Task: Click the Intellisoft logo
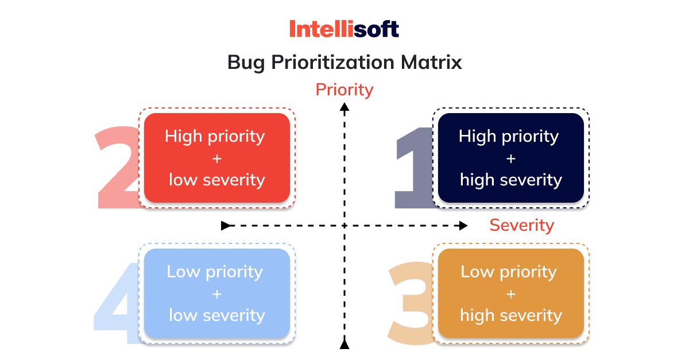(344, 29)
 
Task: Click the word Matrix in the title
(431, 63)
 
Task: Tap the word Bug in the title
(246, 63)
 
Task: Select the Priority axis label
(344, 90)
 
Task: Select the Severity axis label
(522, 225)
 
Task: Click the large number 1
(414, 168)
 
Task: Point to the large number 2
(118, 168)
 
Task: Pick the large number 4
(116, 303)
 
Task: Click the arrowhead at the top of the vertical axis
(344, 107)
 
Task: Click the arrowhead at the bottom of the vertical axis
(344, 344)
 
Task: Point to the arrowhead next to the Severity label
(463, 226)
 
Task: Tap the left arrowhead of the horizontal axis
(226, 226)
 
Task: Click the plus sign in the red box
(217, 159)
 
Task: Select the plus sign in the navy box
(511, 159)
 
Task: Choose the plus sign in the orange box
(511, 294)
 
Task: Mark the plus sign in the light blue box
(217, 294)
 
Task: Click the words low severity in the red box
(217, 180)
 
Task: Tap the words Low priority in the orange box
(509, 272)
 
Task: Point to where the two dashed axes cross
(344, 226)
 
